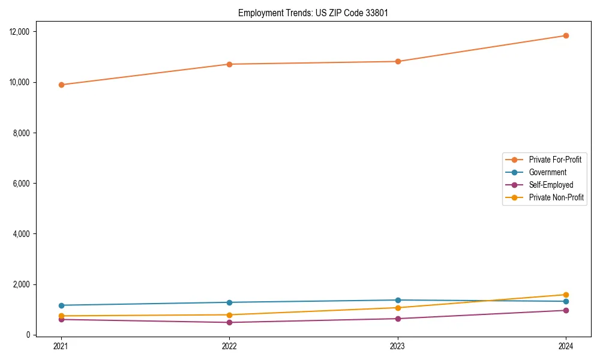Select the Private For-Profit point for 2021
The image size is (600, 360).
[x=61, y=85]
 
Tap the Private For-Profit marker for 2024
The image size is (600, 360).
[x=566, y=35]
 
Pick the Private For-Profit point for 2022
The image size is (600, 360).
[x=229, y=64]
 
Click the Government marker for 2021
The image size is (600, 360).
[x=61, y=305]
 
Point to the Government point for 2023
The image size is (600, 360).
[x=398, y=300]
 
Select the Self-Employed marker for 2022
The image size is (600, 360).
[x=229, y=322]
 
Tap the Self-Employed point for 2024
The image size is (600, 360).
[x=566, y=310]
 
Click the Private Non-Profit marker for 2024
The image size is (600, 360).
[x=566, y=295]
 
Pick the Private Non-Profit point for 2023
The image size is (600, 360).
[x=398, y=308]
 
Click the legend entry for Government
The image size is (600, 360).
[x=547, y=172]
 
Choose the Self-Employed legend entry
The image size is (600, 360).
[x=551, y=185]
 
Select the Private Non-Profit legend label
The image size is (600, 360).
[x=556, y=197]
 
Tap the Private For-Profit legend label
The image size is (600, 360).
[x=555, y=160]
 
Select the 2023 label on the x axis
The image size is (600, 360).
[x=398, y=346]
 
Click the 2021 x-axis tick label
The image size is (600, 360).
[x=61, y=346]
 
